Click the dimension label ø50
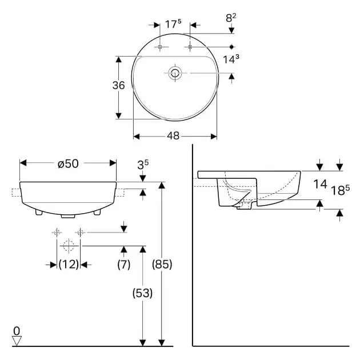(x=68, y=163)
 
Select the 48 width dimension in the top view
(x=173, y=136)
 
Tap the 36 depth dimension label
(x=118, y=85)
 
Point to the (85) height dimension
(x=162, y=265)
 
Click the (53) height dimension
(x=143, y=293)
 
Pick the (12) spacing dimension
(x=69, y=265)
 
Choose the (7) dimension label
(x=124, y=265)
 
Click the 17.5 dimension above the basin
(x=173, y=24)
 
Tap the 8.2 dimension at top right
(x=231, y=18)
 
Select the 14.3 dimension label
(x=231, y=59)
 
